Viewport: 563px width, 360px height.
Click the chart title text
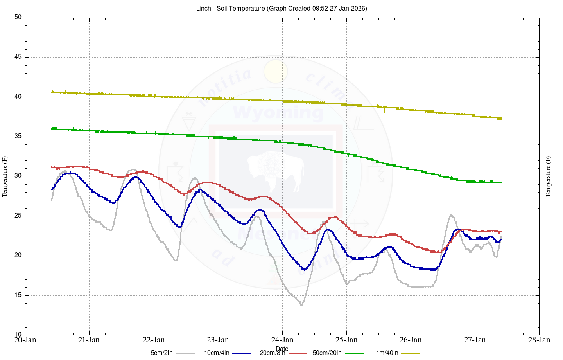point(281,8)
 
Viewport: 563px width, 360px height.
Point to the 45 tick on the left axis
point(18,57)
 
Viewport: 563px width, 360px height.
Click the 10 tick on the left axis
point(18,335)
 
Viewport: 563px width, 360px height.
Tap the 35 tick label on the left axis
point(18,137)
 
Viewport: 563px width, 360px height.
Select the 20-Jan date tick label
point(25,340)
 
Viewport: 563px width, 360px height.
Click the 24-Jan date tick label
point(282,340)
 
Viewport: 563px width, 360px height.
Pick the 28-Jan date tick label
point(539,340)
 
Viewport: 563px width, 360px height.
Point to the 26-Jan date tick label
point(411,340)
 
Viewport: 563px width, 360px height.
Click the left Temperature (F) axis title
point(5,176)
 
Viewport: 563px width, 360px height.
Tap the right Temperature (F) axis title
point(548,176)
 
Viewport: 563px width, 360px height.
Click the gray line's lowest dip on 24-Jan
point(301,304)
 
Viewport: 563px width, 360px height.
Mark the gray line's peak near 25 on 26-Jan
point(451,215)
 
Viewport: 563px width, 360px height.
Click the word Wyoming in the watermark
point(278,113)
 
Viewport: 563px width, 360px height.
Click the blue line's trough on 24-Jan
point(305,270)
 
